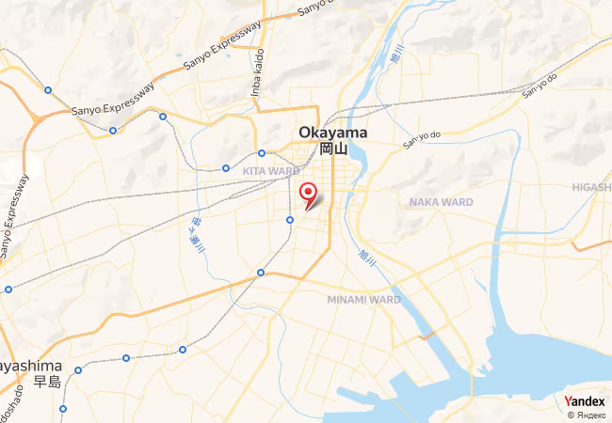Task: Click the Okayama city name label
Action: (333, 133)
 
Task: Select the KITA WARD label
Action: (271, 171)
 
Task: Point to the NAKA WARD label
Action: (441, 202)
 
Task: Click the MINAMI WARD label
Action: (363, 299)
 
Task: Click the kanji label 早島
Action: (47, 381)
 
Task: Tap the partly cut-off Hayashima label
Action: (30, 365)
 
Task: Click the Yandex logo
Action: (585, 401)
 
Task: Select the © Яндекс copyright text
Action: (587, 415)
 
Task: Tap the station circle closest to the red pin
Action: (290, 220)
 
